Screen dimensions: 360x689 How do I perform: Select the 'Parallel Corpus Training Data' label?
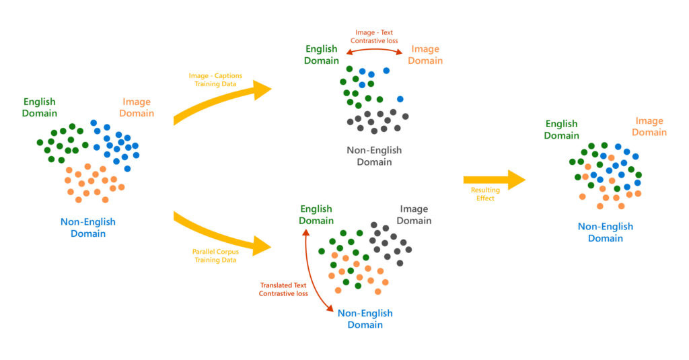[215, 255]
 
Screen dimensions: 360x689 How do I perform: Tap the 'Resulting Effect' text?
[482, 194]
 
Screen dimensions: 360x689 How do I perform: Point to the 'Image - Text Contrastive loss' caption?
[377, 36]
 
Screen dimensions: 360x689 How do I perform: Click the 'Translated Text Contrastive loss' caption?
[283, 289]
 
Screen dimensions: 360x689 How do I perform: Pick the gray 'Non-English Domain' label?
[374, 155]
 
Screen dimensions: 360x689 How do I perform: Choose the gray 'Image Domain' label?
[413, 215]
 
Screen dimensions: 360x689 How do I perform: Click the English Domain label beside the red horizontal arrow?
[322, 55]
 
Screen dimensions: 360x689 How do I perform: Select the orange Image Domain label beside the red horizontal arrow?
[427, 55]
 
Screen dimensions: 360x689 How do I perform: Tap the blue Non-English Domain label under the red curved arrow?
[365, 319]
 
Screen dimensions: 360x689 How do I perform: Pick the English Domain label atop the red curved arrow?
[316, 215]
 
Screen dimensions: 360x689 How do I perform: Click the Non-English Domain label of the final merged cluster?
[606, 232]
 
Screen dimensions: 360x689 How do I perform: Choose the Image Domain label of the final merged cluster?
[649, 127]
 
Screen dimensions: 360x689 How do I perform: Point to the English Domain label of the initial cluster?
[40, 108]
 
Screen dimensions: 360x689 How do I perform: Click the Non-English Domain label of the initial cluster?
[88, 227]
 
